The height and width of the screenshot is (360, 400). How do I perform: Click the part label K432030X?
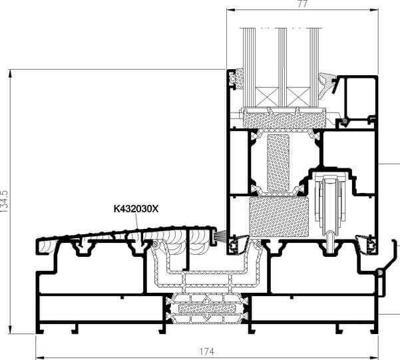pos(136,209)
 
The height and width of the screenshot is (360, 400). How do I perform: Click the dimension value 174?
pos(206,352)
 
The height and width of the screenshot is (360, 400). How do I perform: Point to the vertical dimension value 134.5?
pos(5,202)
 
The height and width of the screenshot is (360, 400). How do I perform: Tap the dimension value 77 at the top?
pos(303,4)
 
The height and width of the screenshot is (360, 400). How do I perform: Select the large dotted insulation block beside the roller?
pos(279,217)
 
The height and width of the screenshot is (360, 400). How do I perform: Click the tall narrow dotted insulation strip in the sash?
pos(278,163)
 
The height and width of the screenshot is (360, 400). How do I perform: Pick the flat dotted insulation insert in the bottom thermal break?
pos(206,308)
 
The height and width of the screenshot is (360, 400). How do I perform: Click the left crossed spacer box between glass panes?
pos(267,96)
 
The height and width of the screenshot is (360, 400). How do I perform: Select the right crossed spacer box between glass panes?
pos(298,96)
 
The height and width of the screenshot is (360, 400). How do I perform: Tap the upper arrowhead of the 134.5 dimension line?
pos(10,74)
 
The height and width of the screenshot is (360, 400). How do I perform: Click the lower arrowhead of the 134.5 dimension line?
pos(10,329)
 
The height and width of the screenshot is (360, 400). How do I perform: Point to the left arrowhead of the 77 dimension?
pos(231,10)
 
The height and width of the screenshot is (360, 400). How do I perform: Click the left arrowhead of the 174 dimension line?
pos(39,356)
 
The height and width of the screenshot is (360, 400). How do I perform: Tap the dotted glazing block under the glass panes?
pos(284,118)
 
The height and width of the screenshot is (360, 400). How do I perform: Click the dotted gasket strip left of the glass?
pos(239,79)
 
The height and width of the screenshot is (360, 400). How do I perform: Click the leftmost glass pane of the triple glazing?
pos(249,67)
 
